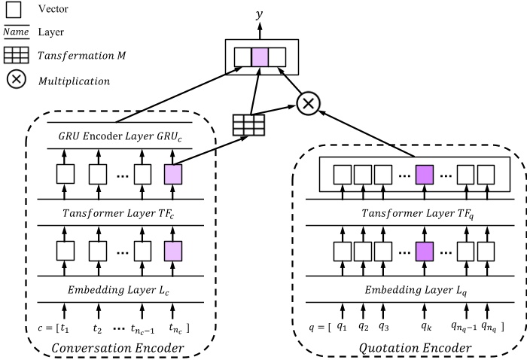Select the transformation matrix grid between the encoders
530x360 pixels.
(x=248, y=124)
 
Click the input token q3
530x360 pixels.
(x=385, y=326)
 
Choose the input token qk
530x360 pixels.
(x=427, y=327)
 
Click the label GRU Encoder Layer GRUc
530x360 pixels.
(x=120, y=136)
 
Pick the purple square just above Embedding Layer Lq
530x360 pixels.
(x=427, y=251)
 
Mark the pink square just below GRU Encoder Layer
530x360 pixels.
(x=172, y=175)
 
